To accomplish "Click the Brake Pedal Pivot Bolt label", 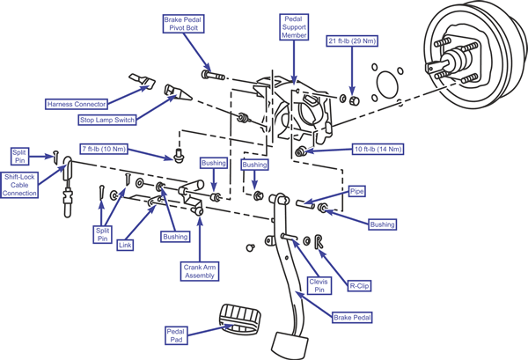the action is point(184,24).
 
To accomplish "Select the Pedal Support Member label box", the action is point(294,27).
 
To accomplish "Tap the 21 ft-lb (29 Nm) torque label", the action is point(352,41).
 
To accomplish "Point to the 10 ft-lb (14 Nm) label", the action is point(378,149).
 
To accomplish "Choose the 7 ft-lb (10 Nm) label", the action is point(104,149).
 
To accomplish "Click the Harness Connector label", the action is point(77,104).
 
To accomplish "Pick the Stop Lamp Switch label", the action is point(107,120).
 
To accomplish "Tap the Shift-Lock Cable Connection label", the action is point(19,185).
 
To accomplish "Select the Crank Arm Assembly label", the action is point(200,271).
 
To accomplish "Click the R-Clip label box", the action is point(359,286).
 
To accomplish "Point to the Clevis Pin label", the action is point(319,285).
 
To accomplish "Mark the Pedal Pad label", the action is point(176,335).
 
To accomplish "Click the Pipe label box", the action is point(357,191).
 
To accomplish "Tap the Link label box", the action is point(125,246).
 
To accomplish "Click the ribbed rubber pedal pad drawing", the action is point(240,319).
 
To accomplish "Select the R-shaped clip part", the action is point(319,241).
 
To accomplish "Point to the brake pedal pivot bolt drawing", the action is point(213,75).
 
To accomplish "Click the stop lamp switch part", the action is point(178,92).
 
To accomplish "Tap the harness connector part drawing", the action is point(143,80).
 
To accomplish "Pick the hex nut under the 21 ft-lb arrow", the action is point(354,100).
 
